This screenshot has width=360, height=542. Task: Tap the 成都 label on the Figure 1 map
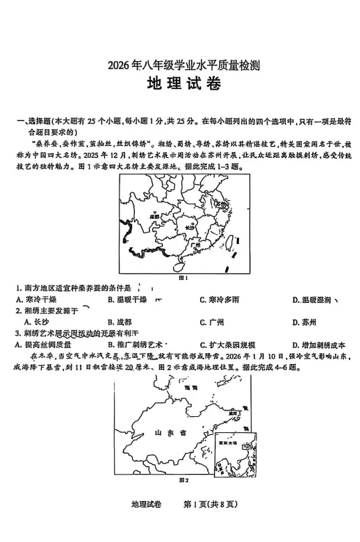[x=145, y=217]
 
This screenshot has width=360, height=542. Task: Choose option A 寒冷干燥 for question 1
[x=36, y=299]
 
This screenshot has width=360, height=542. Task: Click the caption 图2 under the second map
[x=184, y=480]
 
